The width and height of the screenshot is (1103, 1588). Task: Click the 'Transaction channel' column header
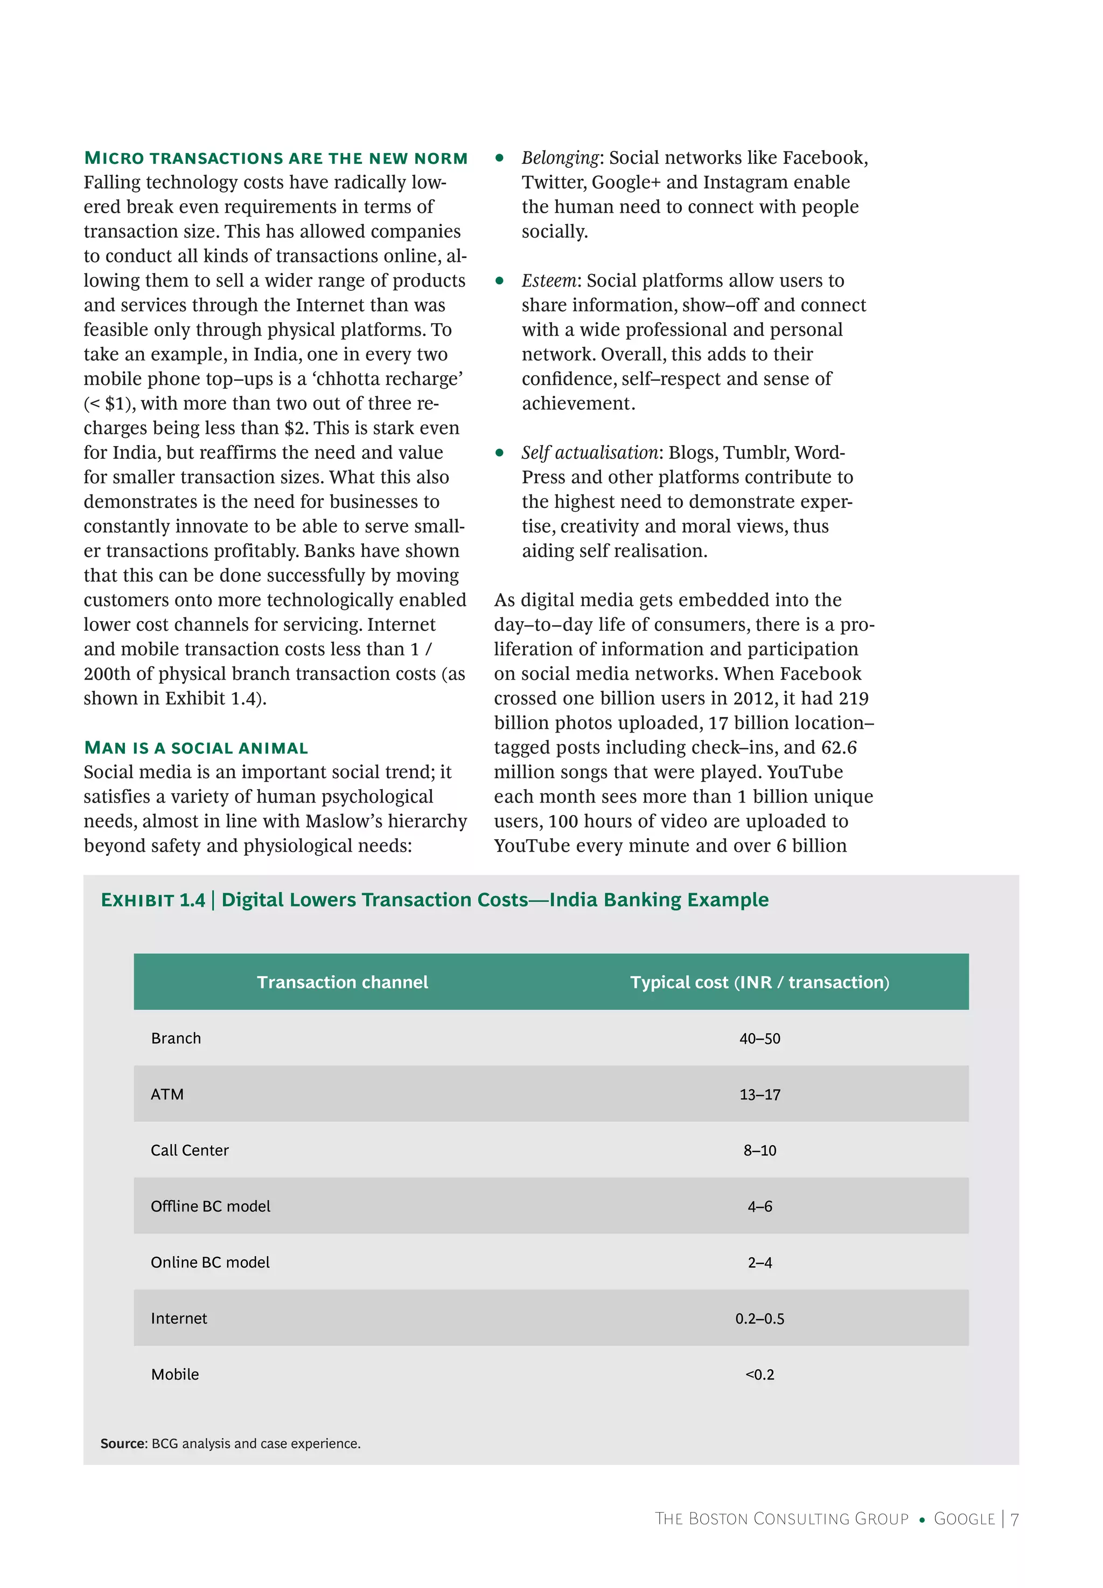coord(342,982)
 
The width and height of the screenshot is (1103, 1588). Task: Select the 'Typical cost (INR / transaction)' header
coord(759,982)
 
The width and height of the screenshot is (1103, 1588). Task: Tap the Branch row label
coord(176,1038)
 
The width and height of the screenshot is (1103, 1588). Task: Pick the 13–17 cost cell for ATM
coord(759,1095)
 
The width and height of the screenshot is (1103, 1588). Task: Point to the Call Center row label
coord(190,1150)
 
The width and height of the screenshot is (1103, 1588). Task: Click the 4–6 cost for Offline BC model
coord(759,1207)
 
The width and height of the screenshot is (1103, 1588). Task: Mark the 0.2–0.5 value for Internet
coord(759,1319)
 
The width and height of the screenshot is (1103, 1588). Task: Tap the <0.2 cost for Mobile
coord(759,1375)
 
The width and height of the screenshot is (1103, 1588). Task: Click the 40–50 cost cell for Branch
coord(759,1039)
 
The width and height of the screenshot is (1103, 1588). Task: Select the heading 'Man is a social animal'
coord(196,748)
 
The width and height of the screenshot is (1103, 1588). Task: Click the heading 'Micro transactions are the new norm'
coord(276,158)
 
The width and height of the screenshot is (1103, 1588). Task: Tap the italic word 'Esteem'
coord(549,281)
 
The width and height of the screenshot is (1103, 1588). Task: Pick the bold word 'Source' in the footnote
coord(123,1444)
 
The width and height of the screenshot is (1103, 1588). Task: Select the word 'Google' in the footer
coord(964,1519)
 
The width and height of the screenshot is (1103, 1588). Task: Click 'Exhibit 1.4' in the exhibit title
coord(153,900)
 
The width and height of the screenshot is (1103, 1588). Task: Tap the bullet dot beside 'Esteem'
coord(499,281)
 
